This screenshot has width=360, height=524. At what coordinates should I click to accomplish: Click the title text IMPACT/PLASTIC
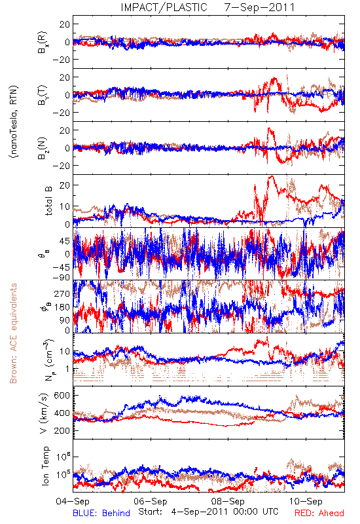[x=164, y=7]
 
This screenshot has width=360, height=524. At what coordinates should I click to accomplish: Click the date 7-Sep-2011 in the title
[x=260, y=7]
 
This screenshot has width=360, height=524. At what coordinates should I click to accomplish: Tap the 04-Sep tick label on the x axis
[x=73, y=501]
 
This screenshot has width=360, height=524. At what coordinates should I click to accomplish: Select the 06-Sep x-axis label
[x=151, y=501]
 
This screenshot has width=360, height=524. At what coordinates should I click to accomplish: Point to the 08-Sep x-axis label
[x=228, y=501]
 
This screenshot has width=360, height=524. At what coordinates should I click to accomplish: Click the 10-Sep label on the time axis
[x=306, y=501]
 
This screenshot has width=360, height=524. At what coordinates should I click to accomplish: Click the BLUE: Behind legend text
[x=101, y=513]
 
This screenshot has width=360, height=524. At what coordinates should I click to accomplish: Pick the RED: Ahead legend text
[x=319, y=513]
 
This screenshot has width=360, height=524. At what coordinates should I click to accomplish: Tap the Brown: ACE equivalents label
[x=13, y=333]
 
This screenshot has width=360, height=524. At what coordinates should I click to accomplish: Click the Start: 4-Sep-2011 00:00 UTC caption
[x=208, y=512]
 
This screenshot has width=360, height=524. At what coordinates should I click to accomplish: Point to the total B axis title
[x=48, y=200]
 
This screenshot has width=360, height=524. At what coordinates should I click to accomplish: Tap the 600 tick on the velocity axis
[x=62, y=396]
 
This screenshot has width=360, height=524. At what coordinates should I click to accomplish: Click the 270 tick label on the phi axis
[x=62, y=293]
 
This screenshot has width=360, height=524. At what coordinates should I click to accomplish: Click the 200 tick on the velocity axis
[x=62, y=431]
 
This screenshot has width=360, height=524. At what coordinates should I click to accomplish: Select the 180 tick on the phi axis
[x=62, y=307]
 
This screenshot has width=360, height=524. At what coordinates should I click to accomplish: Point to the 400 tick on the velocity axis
[x=62, y=413]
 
